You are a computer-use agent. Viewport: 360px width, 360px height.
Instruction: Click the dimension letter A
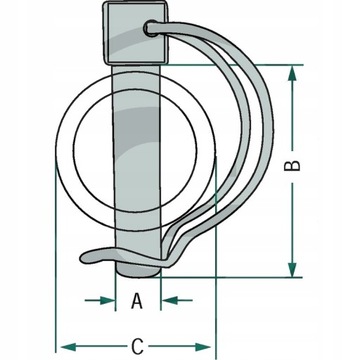coord(137,301)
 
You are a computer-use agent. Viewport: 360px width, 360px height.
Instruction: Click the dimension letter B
coord(292,166)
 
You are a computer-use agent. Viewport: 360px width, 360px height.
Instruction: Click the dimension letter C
coord(137,347)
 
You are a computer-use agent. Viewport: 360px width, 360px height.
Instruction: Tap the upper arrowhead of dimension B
coord(292,73)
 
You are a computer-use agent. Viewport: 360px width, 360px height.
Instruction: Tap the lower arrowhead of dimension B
coord(292,269)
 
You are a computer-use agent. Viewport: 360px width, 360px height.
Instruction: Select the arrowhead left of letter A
coord(107,300)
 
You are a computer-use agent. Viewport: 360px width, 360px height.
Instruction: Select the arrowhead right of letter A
coord(169,300)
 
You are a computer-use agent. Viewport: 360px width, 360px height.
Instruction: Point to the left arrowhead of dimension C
coord(69,347)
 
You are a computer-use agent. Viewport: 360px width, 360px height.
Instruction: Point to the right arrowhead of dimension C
coord(203,347)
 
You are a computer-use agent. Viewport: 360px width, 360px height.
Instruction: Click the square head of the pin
coord(136,33)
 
